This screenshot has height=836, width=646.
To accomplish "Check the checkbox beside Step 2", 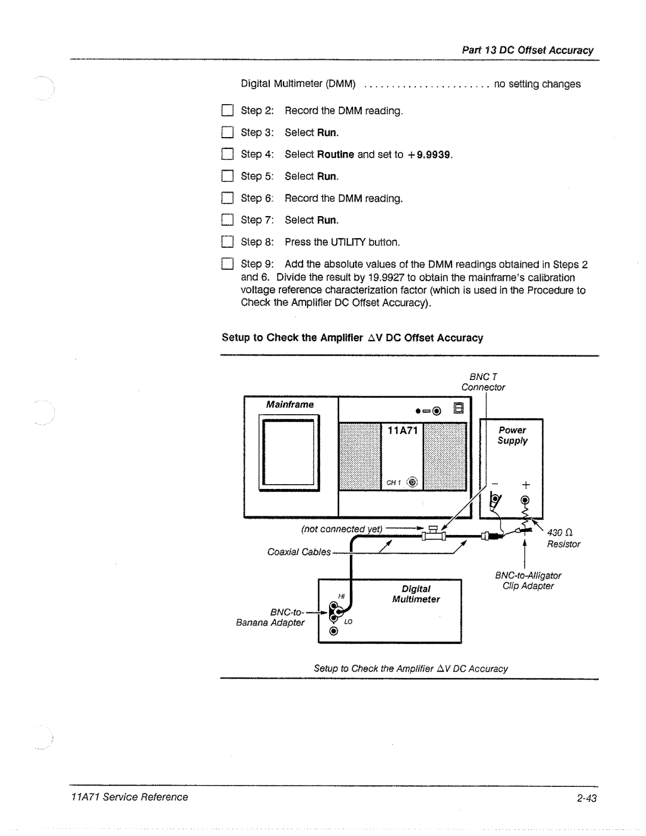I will coord(227,111).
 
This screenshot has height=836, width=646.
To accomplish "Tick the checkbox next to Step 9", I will coord(227,264).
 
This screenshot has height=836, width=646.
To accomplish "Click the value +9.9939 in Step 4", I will coord(429,154).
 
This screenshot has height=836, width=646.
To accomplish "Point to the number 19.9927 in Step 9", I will coord(388,278).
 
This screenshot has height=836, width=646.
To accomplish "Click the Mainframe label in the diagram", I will coord(290,405).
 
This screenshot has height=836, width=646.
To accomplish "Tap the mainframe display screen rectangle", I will coord(289,453).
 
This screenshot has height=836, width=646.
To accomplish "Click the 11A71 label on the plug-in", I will coord(403,430).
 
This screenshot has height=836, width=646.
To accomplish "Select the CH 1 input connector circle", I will coord(412,482).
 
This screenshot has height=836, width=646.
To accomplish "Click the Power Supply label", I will coord(513,435).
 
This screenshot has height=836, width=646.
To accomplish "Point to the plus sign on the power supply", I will coord(525,484).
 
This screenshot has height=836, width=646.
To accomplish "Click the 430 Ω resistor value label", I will coord(560,533).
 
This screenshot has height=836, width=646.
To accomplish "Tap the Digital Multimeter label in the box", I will coord(416,594).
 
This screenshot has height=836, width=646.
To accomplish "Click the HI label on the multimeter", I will coord(342,596).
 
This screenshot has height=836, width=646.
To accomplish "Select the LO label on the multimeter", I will coord(348,622).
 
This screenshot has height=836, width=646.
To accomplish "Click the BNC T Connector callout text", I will coord(483,382).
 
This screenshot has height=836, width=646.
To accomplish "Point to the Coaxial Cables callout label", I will coord(298,552).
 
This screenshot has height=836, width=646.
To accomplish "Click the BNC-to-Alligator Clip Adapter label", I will coord(528,580).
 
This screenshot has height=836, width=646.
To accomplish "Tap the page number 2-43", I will coord(587,798).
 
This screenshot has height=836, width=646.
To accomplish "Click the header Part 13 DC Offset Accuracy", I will coord(528,50).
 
